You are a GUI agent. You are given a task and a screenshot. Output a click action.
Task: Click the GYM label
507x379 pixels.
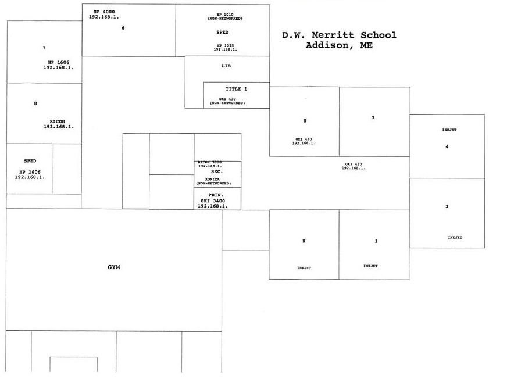coord(113,267)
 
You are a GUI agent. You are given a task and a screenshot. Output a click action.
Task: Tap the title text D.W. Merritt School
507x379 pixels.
coord(339,35)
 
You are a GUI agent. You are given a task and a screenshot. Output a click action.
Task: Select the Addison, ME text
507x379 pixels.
coord(339,45)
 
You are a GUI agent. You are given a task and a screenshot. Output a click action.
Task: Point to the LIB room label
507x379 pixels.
coord(226,66)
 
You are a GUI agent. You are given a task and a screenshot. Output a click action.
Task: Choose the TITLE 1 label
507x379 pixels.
coord(236,89)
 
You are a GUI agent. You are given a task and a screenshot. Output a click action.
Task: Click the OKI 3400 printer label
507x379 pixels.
coord(213,201)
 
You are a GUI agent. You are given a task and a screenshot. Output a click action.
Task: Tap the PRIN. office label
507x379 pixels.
coord(216,195)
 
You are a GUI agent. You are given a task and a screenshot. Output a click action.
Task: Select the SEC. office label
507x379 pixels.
coord(217,172)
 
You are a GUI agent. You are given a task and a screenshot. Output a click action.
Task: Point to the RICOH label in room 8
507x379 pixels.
coord(57,121)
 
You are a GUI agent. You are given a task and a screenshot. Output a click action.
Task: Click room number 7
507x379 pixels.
coord(44,48)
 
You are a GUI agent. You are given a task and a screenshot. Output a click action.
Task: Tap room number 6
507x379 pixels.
coord(123,28)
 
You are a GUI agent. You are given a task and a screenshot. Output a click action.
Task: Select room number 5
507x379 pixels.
coord(305,121)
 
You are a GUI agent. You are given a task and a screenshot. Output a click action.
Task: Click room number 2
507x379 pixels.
coord(373,118)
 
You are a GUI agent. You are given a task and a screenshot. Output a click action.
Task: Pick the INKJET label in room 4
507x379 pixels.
coord(449,130)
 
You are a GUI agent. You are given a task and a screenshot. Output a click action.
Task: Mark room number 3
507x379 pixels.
coord(447,206)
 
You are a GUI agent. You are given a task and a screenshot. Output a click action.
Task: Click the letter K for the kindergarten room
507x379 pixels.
coord(304,241)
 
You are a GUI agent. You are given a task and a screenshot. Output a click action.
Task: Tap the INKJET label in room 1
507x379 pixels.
coord(370,266)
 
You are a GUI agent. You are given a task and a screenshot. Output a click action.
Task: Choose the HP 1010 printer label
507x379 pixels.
coord(225,14)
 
